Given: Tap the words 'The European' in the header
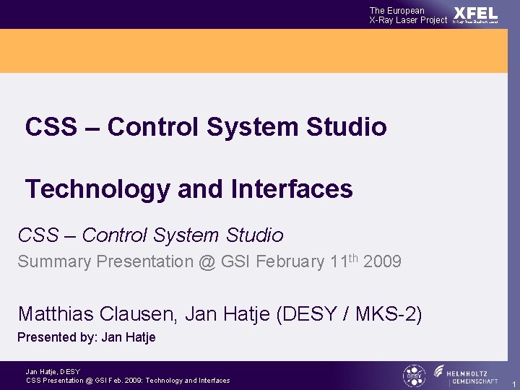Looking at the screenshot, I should click(396, 10).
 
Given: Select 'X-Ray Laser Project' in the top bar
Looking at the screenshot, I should click(408, 20).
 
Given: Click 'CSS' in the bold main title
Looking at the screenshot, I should click(51, 127).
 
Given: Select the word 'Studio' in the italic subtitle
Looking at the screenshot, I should click(254, 235).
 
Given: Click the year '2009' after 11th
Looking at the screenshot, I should click(382, 262).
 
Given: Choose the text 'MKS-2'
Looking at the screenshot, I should click(389, 314).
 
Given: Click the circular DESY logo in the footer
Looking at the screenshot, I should click(414, 376).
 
